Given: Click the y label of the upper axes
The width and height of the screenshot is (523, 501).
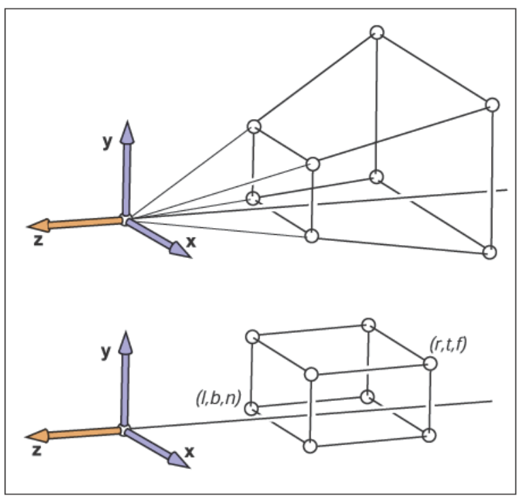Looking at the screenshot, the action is click(x=107, y=142).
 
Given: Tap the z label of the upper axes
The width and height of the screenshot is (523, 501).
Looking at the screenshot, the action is click(x=38, y=240).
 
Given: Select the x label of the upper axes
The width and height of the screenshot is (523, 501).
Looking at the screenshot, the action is click(x=191, y=242).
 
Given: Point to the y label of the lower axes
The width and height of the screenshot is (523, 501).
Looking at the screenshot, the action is click(x=106, y=352).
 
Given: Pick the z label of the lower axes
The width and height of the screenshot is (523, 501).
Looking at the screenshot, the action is click(x=37, y=451).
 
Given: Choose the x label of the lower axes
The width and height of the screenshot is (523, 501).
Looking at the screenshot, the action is click(x=189, y=452).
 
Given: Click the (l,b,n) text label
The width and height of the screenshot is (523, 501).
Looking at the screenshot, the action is click(x=219, y=398).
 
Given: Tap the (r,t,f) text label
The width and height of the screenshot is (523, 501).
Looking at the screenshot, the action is click(x=448, y=344).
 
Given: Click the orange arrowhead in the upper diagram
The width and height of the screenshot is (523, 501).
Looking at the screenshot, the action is click(x=38, y=226).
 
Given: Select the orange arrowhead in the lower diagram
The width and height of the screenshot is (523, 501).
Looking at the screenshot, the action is click(x=37, y=436).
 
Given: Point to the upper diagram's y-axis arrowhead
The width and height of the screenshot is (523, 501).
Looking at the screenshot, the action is click(x=127, y=132).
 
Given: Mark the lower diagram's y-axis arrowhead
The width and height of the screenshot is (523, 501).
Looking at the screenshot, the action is click(x=125, y=342).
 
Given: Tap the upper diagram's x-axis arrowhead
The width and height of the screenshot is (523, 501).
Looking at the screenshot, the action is click(x=180, y=251).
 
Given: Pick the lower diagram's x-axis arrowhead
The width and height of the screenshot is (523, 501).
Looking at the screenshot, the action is click(x=178, y=461).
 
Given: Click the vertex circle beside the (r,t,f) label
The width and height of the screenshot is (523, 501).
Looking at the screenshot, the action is click(x=430, y=363).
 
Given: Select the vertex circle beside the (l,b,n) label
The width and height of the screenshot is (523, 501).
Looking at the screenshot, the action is click(x=252, y=408).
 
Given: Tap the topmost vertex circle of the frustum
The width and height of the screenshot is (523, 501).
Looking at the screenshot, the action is click(x=377, y=33).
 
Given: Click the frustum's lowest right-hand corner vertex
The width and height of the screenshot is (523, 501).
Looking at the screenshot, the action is click(x=490, y=253).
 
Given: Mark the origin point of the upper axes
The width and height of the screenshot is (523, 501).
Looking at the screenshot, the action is click(x=125, y=220).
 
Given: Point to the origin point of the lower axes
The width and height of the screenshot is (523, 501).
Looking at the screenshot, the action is click(x=124, y=430).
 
